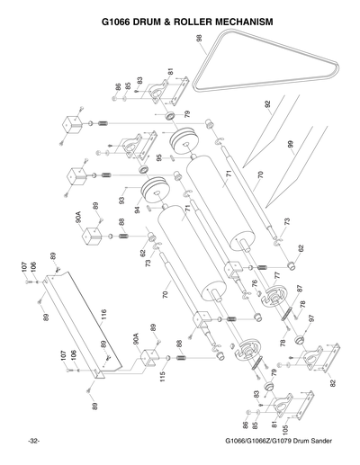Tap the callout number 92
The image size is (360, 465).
268,104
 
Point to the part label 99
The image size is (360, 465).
290,143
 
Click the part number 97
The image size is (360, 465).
311,317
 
